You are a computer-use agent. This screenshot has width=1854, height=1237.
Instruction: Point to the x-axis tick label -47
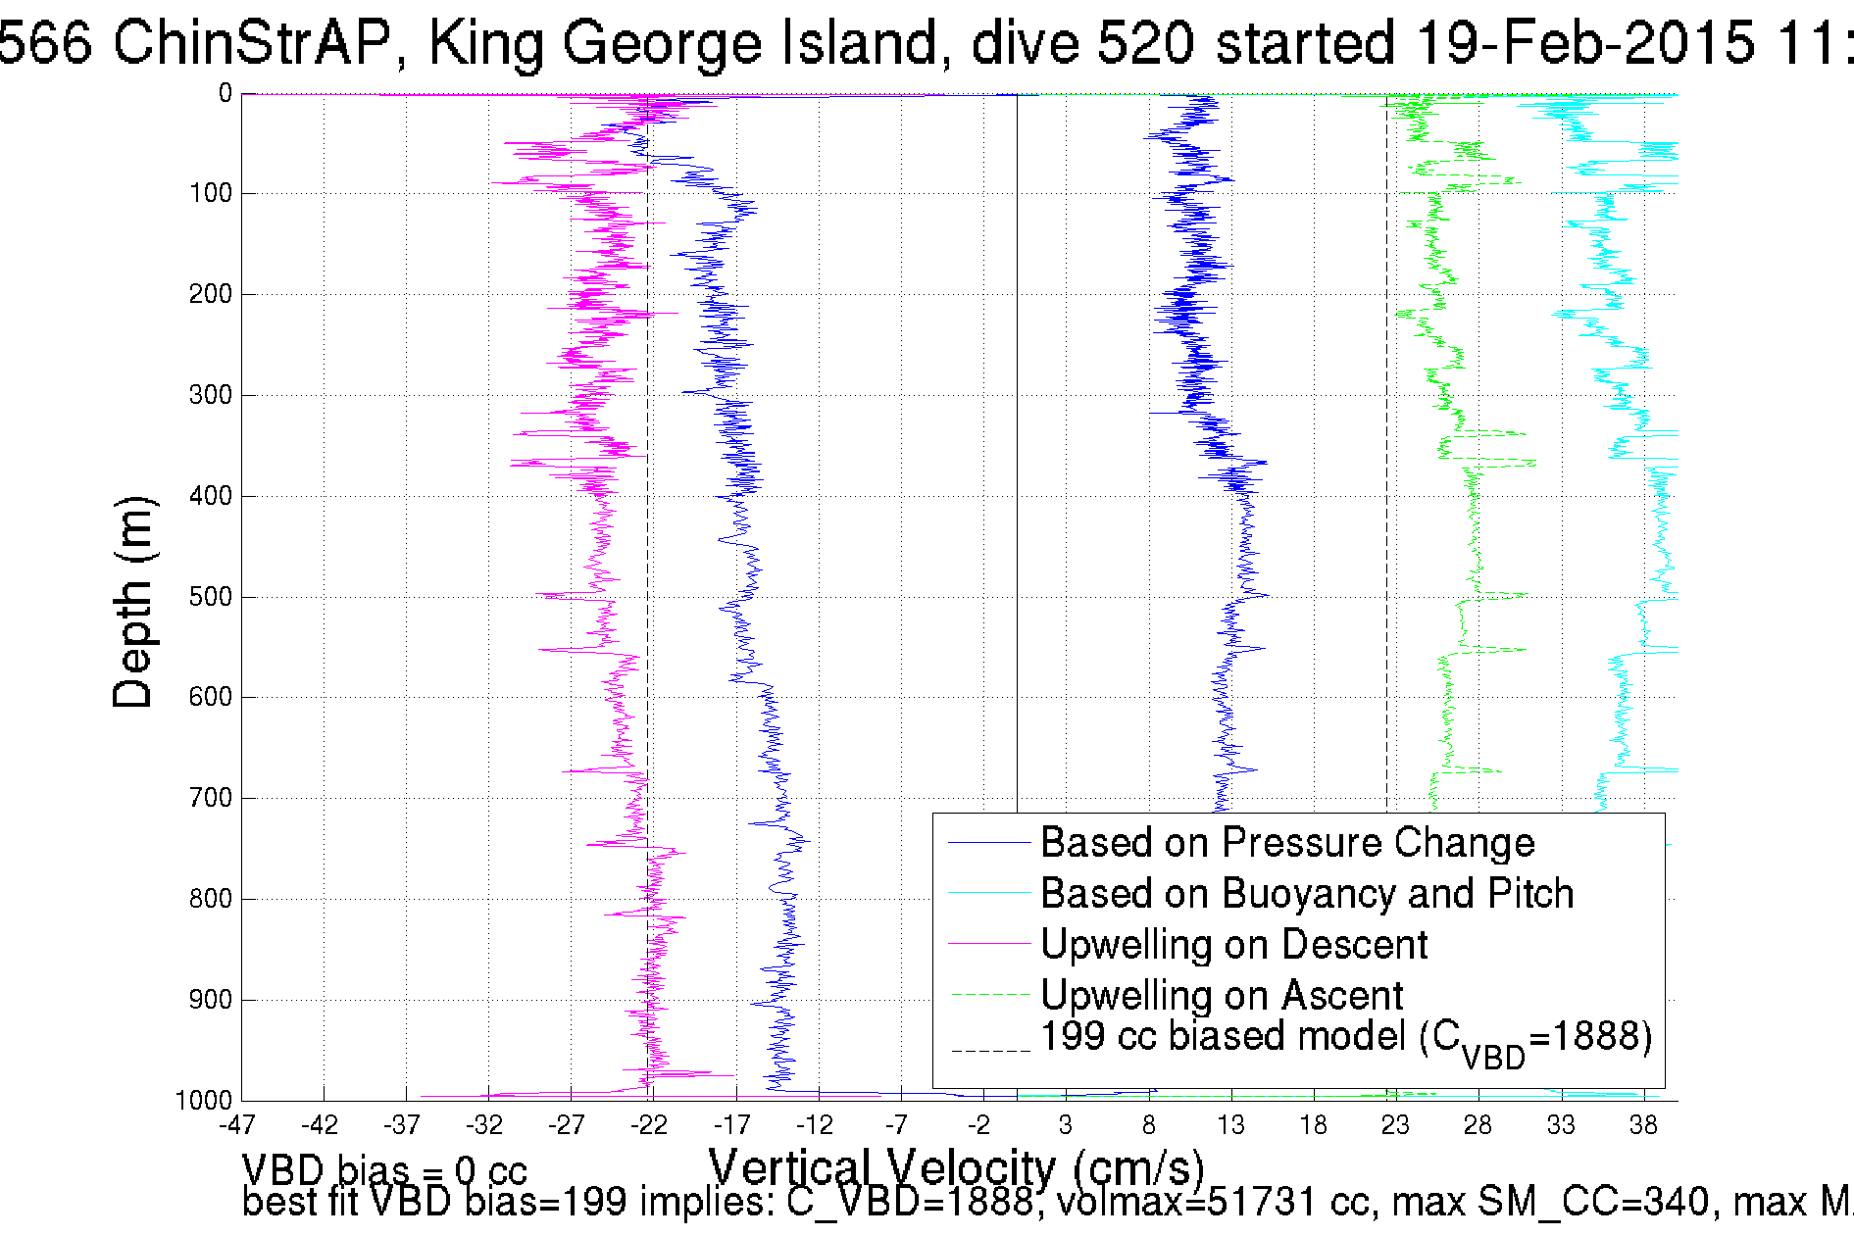coord(237,1125)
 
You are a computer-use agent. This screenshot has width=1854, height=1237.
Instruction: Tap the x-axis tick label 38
coord(1643,1125)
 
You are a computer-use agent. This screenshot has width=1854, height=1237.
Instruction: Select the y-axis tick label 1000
coord(204,1101)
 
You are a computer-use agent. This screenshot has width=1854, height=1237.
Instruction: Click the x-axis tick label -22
coord(649,1125)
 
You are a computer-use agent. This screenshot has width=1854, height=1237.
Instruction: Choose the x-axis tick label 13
coord(1230,1125)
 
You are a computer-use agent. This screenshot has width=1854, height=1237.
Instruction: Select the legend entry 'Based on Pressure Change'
coord(1286,843)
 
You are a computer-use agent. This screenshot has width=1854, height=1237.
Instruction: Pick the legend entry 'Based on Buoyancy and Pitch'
coord(1306,894)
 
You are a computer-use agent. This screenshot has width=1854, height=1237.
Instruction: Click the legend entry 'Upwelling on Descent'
coord(1233,945)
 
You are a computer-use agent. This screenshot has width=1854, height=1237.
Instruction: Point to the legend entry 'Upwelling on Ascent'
coord(1222,996)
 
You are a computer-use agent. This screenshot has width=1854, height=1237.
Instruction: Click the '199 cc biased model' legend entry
coord(1345,1039)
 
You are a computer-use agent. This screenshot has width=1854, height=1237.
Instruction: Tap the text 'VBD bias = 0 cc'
coord(384,1170)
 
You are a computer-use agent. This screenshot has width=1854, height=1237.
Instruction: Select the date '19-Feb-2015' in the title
coord(1585,43)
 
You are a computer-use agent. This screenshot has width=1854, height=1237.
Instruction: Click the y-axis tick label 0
coord(225,94)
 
